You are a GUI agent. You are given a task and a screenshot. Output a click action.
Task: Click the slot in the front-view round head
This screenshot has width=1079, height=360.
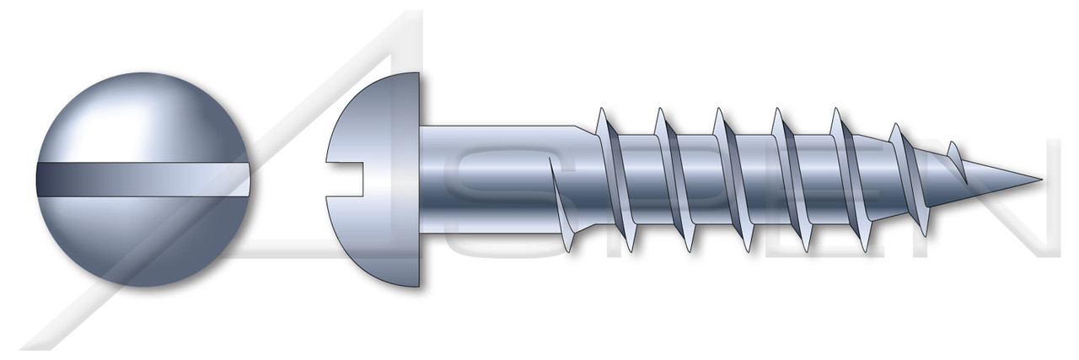click(143, 180)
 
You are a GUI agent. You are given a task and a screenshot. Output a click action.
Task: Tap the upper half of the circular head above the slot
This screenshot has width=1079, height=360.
click(143, 118)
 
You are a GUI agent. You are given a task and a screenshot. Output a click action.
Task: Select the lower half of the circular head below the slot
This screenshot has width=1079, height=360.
click(143, 240)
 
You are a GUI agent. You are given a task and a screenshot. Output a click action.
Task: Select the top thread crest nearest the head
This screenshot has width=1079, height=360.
click(600, 114)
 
